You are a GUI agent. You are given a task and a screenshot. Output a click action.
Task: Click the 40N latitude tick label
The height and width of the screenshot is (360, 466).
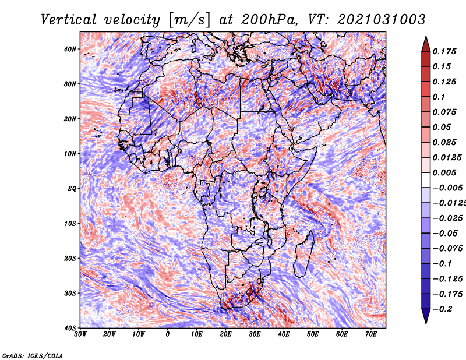coord(70,49)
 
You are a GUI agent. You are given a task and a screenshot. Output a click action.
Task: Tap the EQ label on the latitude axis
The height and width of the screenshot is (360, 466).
coord(72,189)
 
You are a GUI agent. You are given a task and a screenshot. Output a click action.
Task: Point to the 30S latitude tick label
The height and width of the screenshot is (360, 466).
coord(70,294)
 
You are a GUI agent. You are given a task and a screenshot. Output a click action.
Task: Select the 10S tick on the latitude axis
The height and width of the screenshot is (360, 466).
coord(70,224)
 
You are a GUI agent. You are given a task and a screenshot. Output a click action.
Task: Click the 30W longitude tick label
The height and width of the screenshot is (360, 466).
coord(80,334)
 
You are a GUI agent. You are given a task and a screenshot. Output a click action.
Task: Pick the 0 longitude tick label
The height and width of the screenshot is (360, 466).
coord(168,334)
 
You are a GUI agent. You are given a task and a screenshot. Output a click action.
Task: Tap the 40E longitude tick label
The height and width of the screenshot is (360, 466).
coord(284,334)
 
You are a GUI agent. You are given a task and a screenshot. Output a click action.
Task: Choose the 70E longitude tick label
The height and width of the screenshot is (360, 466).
coord(371,334)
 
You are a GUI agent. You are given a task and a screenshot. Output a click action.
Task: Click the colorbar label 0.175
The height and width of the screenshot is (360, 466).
coord(444,52)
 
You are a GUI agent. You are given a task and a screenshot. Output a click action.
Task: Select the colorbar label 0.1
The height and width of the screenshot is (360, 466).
coord(439,97)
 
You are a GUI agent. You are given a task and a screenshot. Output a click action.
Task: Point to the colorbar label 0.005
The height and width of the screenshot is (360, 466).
coord(444,172)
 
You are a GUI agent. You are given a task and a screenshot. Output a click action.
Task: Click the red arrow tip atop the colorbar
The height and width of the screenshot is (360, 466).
coord(426,36)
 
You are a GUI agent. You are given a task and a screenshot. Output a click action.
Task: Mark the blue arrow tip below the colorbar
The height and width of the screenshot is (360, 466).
coord(426,323)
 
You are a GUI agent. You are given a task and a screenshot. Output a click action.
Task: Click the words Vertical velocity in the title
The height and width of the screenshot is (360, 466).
coord(100,20)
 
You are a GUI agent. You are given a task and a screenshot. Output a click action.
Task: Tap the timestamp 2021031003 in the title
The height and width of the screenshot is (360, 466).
coord(382,20)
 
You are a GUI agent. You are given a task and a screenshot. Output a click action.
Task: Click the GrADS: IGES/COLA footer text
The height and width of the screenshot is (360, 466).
coord(33,356)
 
